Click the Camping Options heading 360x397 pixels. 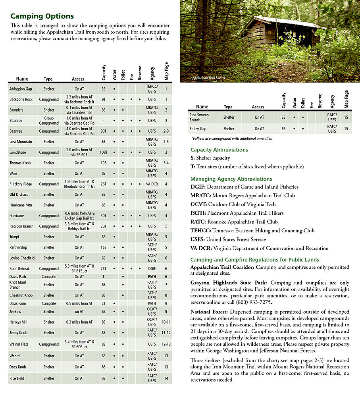click(42, 16)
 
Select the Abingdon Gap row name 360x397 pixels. click(21, 89)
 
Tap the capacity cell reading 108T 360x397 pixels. click(104, 152)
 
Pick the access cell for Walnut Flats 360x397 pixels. click(79, 344)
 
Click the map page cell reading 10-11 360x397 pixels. click(166, 322)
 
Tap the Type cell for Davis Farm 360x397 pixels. click(49, 304)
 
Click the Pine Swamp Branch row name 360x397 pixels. click(199, 118)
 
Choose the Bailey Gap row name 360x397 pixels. click(198, 129)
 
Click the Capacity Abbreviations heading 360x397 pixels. click(219, 150)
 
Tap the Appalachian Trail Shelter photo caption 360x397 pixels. click(208, 78)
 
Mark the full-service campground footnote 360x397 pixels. click(231, 139)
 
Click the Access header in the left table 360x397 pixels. click(78, 79)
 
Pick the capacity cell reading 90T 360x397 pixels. click(104, 131)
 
